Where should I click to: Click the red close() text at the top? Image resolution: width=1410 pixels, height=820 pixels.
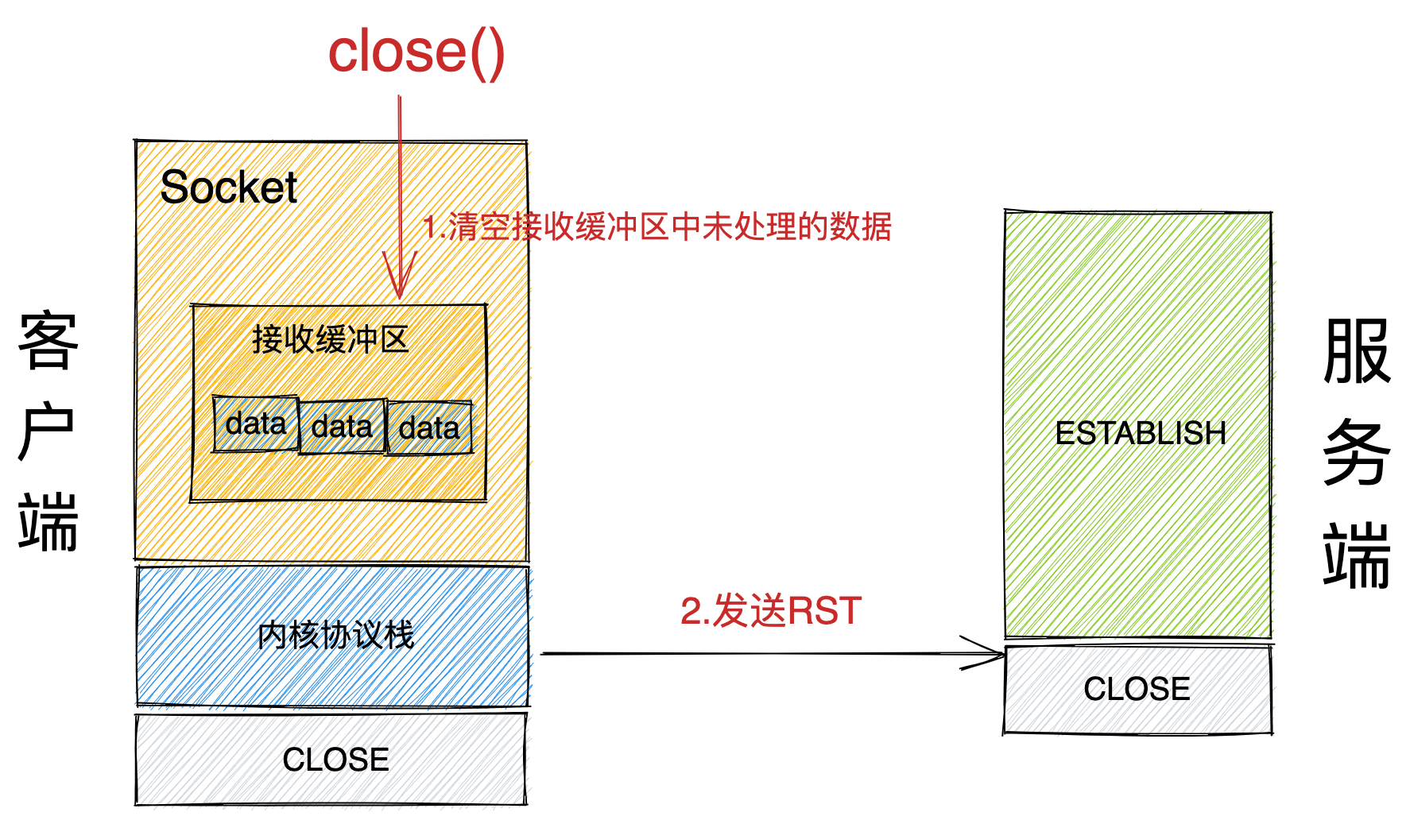416,52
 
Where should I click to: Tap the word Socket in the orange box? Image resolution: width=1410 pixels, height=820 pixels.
228,188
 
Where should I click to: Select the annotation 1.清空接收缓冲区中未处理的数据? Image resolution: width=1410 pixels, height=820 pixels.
657,227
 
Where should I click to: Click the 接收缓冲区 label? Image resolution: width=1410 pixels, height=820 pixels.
330,340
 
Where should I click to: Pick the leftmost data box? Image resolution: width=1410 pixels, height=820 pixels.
256,424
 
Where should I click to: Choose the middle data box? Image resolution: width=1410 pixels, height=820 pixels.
342,427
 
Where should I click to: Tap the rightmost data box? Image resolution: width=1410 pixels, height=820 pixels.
429,429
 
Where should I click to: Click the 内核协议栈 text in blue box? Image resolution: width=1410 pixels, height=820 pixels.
335,636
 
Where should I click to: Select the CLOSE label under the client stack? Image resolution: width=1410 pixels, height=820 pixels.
335,760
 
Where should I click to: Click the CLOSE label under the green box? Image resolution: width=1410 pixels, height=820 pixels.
1137,689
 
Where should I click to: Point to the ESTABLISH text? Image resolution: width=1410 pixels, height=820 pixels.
1140,434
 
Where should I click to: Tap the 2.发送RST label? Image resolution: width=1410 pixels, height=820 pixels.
770,611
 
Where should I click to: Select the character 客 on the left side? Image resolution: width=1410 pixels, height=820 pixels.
48,342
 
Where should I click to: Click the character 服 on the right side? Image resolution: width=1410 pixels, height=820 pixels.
1357,351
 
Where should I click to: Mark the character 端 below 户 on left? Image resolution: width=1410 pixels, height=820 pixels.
48,522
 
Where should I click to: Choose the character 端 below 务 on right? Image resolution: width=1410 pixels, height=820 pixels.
1357,555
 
